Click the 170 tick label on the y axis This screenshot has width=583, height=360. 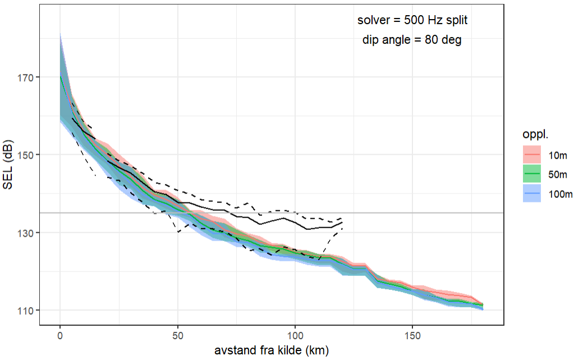26,77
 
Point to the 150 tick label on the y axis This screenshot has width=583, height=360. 26,155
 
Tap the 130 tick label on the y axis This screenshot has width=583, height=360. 26,233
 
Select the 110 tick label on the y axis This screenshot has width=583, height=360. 26,310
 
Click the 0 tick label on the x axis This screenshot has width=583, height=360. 60,335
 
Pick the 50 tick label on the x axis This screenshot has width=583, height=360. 177,335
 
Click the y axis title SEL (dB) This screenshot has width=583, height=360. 8,164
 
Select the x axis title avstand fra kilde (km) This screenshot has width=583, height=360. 271,351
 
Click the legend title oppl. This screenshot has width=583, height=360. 531,135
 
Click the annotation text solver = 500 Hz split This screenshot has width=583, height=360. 412,20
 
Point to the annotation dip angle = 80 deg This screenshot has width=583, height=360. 412,40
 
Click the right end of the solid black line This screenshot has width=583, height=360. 342,223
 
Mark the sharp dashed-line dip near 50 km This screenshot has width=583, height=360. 178,232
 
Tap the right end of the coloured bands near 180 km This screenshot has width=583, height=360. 482,306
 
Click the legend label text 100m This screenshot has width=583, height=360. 561,194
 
